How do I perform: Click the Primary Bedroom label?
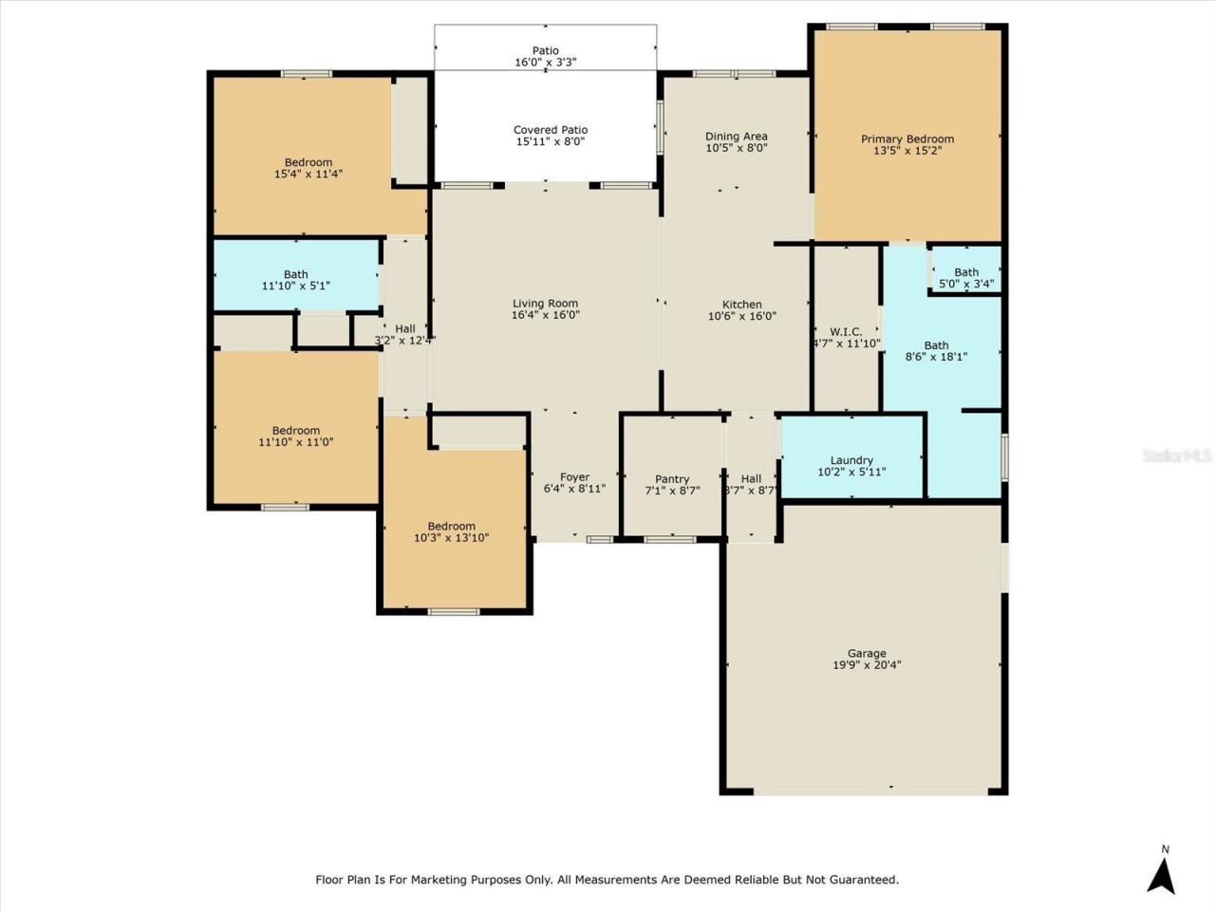tap(907, 139)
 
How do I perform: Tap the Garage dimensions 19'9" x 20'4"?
tap(867, 665)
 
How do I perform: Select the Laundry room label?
tap(851, 460)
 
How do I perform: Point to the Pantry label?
tap(672, 479)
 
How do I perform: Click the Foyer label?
tap(574, 477)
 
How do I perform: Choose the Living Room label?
tap(545, 304)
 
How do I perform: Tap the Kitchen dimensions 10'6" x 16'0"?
tap(742, 317)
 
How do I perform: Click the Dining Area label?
tap(736, 136)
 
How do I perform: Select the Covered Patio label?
tap(550, 130)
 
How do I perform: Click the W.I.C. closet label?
tap(845, 332)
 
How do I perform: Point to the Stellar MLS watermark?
tap(1176, 456)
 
